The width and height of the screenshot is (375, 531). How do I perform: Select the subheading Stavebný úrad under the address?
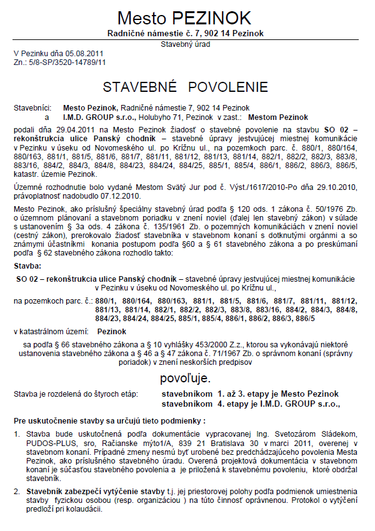186,45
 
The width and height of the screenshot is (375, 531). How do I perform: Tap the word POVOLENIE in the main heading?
227,86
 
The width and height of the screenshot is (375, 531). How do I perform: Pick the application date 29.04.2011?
69,128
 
